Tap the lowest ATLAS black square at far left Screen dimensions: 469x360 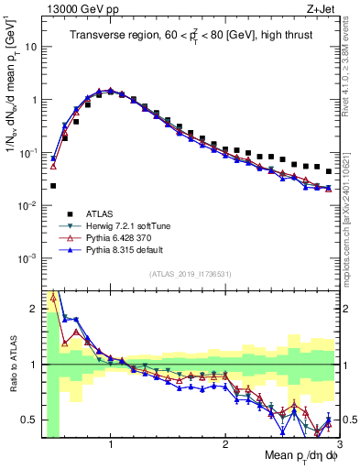(53, 186)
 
